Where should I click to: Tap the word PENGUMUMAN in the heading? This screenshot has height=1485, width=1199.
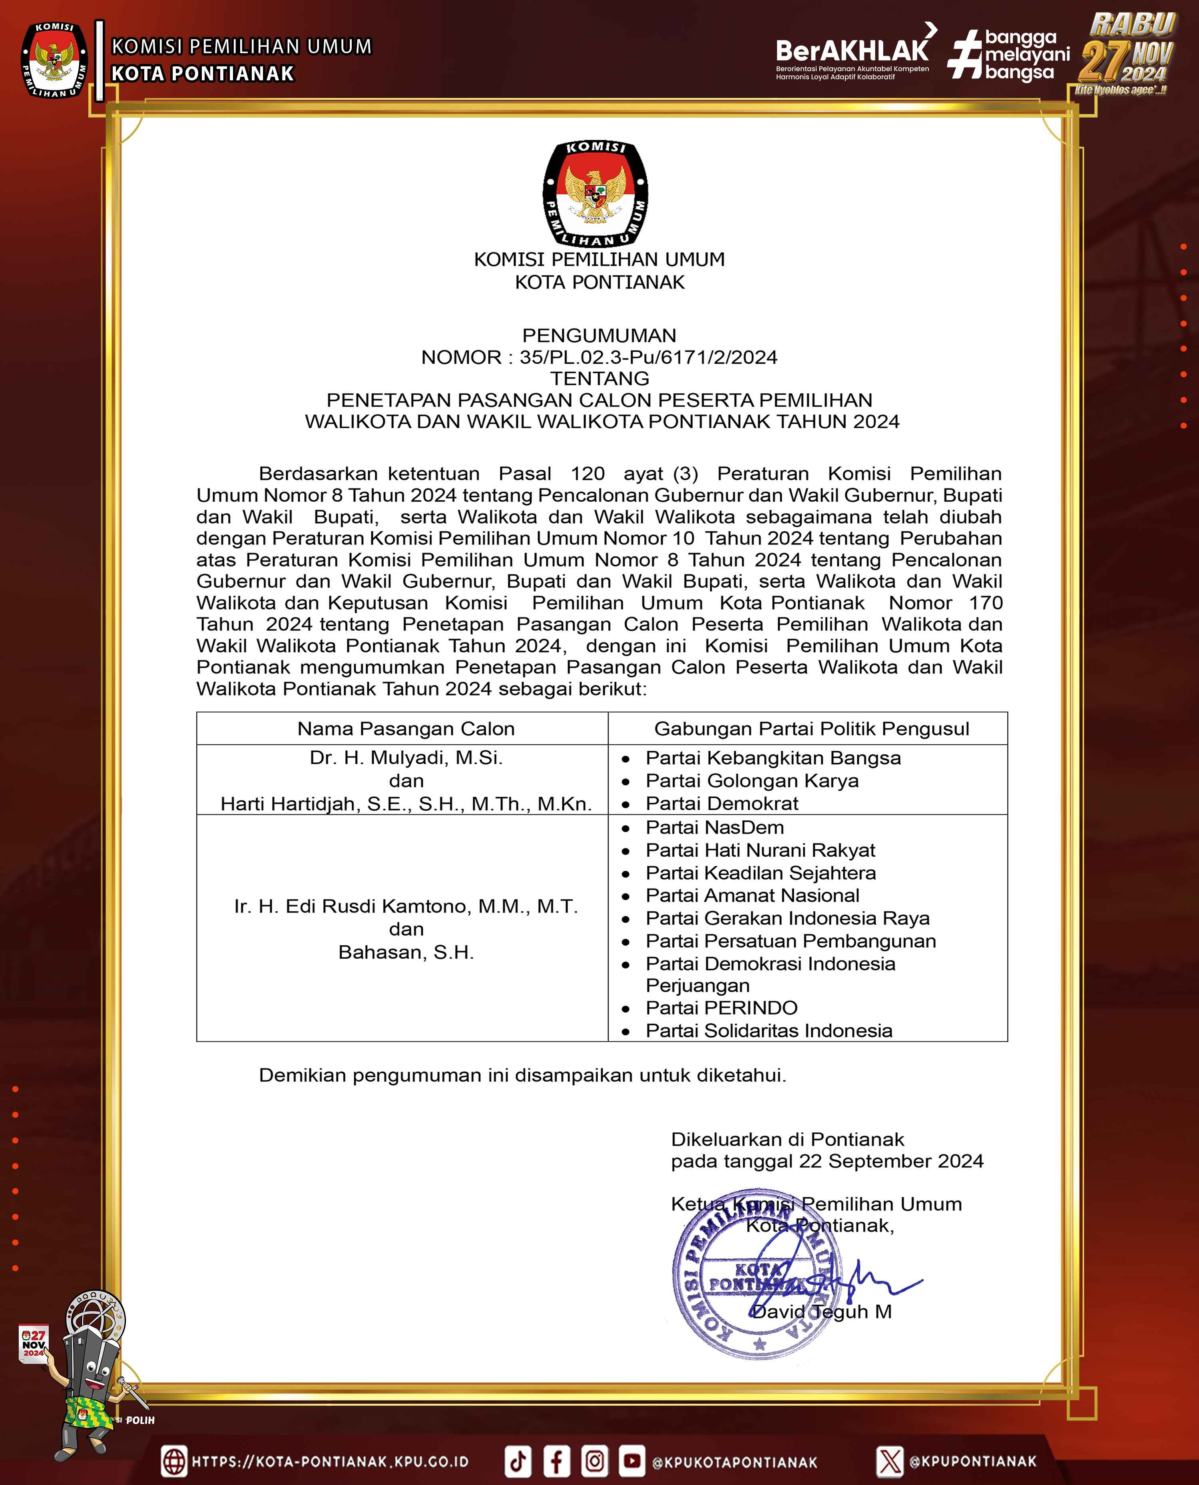pyautogui.click(x=599, y=336)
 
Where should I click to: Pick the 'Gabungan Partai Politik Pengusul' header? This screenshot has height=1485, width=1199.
pyautogui.click(x=812, y=729)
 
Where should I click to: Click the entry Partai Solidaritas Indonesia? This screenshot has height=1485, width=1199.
pyautogui.click(x=768, y=1031)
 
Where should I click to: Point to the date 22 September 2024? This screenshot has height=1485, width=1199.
pyautogui.click(x=891, y=1161)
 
